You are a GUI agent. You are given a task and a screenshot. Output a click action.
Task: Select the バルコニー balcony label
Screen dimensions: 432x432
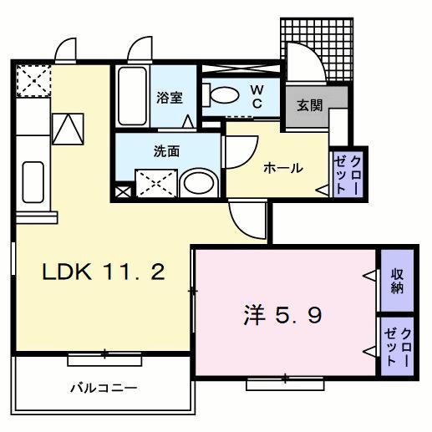pos(103,388)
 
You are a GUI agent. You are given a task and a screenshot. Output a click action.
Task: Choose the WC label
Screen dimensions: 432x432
pos(258,96)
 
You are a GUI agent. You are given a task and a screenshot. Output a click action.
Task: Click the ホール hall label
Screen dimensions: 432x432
pos(283,168)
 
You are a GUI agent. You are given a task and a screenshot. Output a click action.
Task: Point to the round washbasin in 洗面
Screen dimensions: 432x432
pos(198,182)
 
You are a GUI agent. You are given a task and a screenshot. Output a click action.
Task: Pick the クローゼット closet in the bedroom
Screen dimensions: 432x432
pos(397,344)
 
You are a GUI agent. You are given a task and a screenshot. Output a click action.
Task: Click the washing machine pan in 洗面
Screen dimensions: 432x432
pos(156,182)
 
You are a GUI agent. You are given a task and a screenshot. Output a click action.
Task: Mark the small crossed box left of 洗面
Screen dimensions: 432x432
pos(123,192)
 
